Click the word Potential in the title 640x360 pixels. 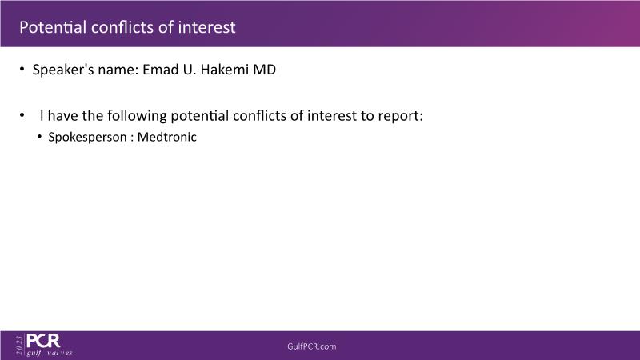[x=53, y=27]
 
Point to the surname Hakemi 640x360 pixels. [x=225, y=70]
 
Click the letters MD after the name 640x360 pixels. [x=265, y=70]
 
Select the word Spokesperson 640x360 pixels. [x=87, y=137]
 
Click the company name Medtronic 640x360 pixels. [x=166, y=137]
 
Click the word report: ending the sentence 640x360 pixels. [x=401, y=116]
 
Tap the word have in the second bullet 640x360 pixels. [x=63, y=115]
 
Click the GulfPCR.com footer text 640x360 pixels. [x=312, y=346]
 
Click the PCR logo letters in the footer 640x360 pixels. [x=43, y=341]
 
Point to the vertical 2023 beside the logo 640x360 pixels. [x=19, y=346]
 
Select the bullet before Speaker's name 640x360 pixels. [x=22, y=70]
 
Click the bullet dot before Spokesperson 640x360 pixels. [x=39, y=136]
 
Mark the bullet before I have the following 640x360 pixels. [x=22, y=115]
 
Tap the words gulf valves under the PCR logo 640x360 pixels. [x=50, y=353]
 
